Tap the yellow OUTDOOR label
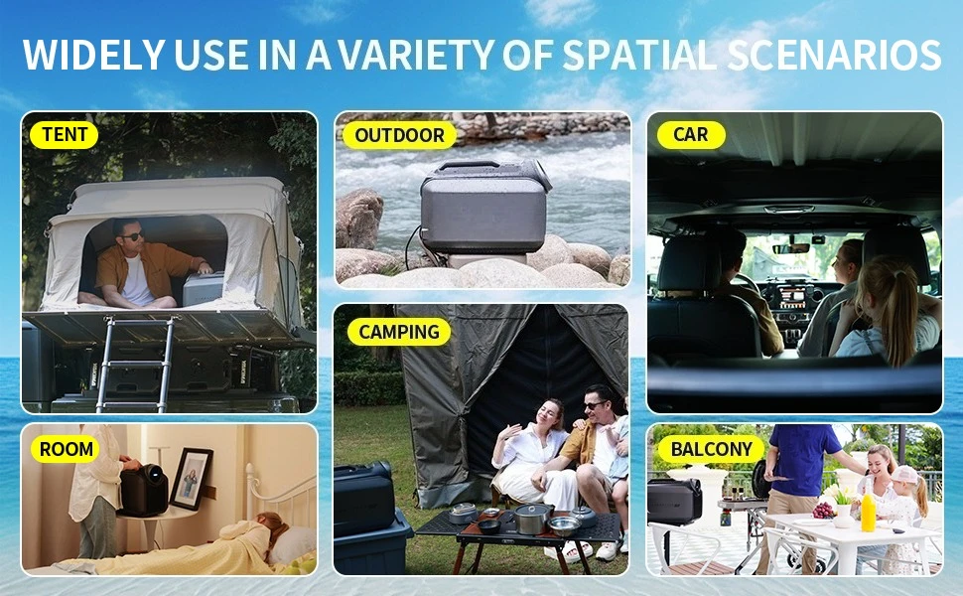[399, 135]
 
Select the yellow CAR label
[691, 134]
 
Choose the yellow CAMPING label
[399, 332]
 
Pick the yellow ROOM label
[66, 449]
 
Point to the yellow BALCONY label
[711, 449]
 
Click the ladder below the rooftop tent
[135, 365]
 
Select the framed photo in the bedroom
[191, 479]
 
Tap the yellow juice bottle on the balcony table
[868, 512]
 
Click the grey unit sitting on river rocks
[484, 207]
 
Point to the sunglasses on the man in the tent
[132, 236]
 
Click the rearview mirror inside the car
[791, 248]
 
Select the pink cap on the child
[904, 474]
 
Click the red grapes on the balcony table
[823, 510]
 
